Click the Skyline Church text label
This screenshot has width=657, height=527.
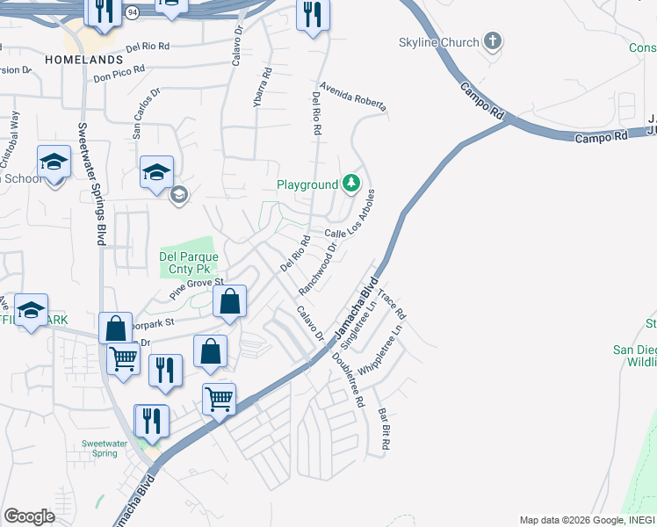[439, 42]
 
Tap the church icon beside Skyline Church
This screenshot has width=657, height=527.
[493, 41]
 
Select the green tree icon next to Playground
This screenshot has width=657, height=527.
[351, 184]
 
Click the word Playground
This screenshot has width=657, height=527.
[307, 184]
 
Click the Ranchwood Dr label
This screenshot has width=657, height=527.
[318, 269]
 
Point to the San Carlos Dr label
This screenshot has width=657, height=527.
[147, 113]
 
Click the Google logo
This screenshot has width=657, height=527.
[30, 516]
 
